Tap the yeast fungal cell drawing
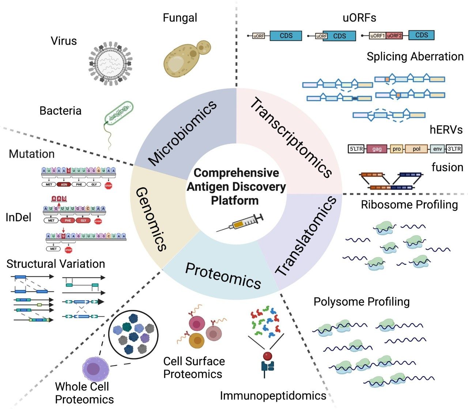(183, 58)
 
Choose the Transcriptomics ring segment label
(291, 137)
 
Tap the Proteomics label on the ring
(223, 276)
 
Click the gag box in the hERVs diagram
(377, 149)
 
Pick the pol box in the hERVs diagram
(416, 149)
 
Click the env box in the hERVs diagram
(437, 149)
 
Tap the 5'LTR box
(356, 149)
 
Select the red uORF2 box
(394, 36)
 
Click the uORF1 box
(377, 36)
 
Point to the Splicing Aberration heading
(415, 57)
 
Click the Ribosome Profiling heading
(409, 204)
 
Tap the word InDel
(19, 218)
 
